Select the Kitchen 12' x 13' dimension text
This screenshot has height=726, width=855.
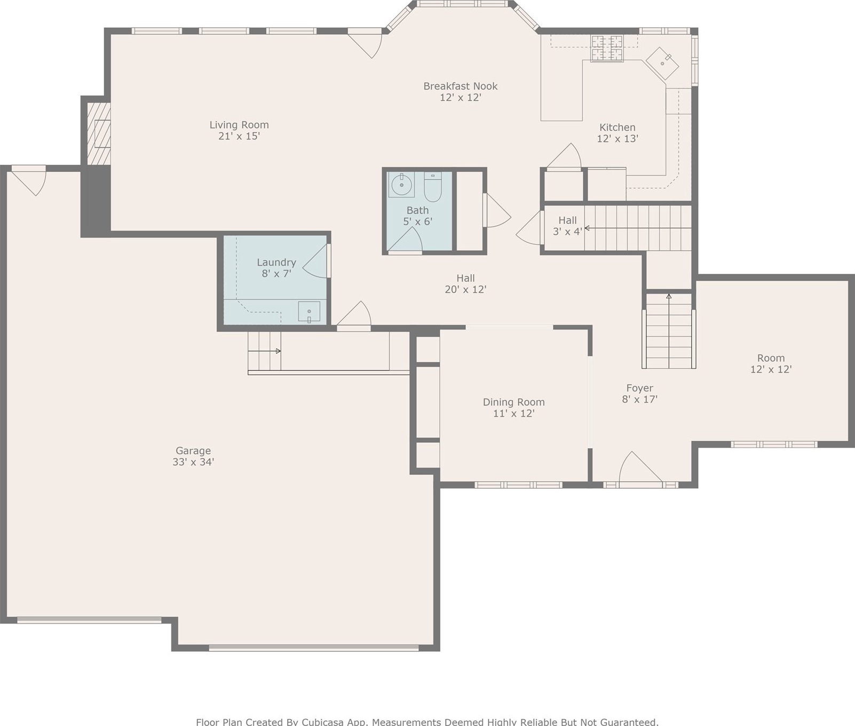pos(617,139)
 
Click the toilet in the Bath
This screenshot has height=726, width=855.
pos(433,186)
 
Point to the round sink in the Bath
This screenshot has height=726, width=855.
pos(401,185)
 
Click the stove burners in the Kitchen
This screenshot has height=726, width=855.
pos(607,48)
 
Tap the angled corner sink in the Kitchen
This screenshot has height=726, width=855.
pos(662,63)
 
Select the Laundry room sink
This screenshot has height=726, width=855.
pos(309,312)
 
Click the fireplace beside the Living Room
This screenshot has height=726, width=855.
pos(99,133)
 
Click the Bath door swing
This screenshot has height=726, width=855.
pos(405,241)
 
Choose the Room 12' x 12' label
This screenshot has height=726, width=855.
pos(771,364)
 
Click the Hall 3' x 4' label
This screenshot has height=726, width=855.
pos(567,226)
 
